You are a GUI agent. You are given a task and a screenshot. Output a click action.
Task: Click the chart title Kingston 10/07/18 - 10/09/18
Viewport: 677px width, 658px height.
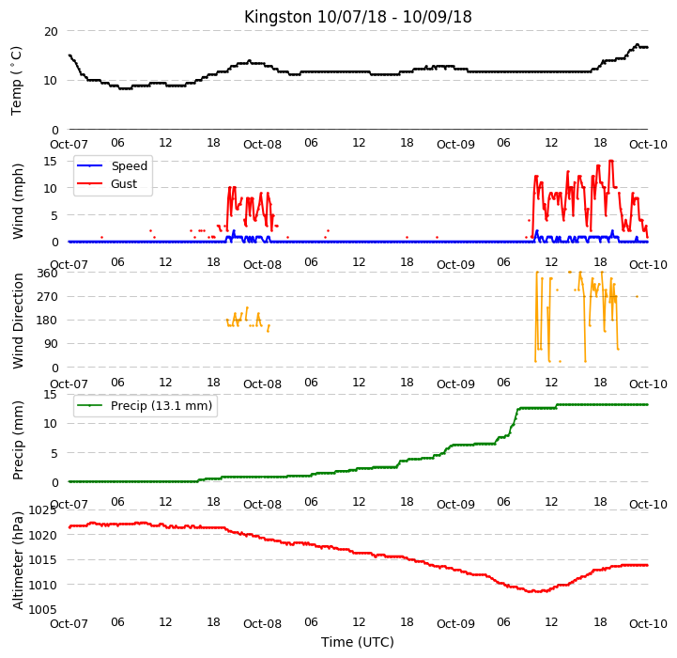point(358,17)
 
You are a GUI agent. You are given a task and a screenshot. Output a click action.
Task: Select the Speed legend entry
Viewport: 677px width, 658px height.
point(113,166)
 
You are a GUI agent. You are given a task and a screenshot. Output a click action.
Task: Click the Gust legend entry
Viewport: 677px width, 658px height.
point(107,183)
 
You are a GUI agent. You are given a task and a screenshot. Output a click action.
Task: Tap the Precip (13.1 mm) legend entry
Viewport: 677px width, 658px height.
point(145,405)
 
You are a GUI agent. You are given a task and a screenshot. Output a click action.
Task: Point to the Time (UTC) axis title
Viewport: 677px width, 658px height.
point(358,642)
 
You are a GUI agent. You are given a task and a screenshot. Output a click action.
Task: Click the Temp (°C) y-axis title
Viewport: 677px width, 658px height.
point(16,81)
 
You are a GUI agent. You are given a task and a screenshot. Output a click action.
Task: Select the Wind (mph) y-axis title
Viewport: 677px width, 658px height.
point(18,201)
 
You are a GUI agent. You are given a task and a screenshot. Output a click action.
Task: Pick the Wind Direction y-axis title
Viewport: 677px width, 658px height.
point(18,321)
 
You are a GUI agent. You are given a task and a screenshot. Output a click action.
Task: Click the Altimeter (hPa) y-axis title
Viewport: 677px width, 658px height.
point(18,561)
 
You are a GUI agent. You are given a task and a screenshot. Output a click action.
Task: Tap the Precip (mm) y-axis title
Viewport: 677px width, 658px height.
point(18,441)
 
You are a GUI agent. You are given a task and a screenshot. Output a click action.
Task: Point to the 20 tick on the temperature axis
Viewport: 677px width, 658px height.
point(51,32)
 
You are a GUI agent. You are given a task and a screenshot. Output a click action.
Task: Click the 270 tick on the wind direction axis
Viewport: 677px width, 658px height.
point(48,297)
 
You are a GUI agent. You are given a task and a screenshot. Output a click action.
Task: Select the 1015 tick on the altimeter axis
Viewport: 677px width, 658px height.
point(43,560)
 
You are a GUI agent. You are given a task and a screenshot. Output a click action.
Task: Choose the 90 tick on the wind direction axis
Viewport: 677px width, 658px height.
point(51,344)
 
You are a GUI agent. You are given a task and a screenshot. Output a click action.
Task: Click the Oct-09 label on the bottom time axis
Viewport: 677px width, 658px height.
point(455,624)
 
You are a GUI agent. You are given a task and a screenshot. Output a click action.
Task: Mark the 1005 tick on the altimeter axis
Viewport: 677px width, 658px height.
point(43,609)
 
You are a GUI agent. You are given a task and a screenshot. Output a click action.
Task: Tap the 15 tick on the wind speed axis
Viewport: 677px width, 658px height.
point(51,162)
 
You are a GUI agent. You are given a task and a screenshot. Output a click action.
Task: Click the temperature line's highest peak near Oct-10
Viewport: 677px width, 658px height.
point(638,44)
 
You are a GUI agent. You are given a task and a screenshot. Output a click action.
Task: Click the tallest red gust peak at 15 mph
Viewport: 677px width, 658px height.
point(611,161)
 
